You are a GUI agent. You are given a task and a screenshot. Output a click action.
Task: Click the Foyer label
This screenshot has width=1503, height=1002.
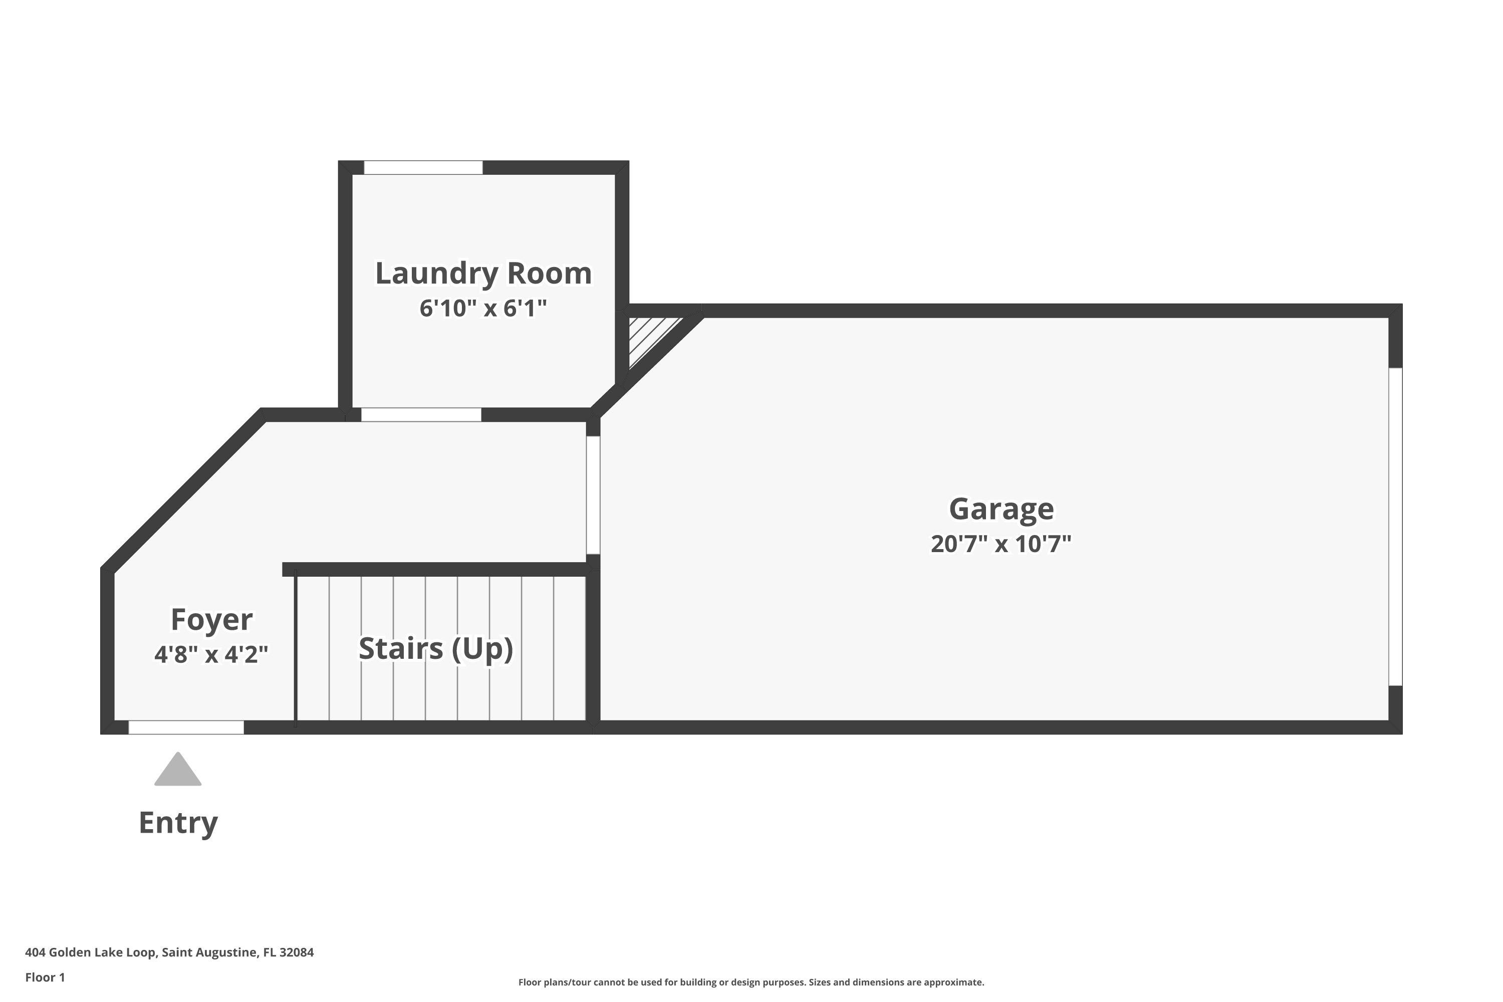[x=211, y=619]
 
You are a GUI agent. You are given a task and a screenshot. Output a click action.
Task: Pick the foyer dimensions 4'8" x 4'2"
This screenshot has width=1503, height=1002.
[x=211, y=654]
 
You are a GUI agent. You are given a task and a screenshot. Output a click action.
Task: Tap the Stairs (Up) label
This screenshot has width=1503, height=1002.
[x=436, y=649]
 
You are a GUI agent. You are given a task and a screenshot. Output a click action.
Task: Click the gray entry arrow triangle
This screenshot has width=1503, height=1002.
[x=178, y=770]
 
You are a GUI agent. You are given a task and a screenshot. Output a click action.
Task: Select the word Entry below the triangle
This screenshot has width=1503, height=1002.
[x=178, y=823]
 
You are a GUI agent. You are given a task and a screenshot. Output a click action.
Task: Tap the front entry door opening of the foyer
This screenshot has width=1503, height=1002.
[x=186, y=727]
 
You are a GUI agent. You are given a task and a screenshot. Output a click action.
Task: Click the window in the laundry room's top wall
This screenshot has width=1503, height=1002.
[x=423, y=167]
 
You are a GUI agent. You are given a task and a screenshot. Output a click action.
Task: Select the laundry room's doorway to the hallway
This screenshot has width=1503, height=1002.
[x=421, y=415]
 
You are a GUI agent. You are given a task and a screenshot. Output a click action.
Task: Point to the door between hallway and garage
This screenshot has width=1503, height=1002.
[x=593, y=495]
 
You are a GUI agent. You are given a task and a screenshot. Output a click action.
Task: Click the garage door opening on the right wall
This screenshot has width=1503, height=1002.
[x=1396, y=527]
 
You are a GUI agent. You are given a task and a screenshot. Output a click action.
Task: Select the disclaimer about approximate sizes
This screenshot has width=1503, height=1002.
[x=751, y=982]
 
